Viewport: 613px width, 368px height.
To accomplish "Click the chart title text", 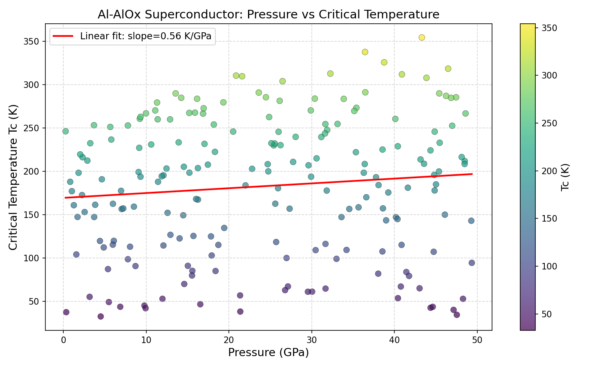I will pyautogui.click(x=268, y=15).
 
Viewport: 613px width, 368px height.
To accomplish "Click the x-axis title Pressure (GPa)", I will pyautogui.click(x=268, y=352).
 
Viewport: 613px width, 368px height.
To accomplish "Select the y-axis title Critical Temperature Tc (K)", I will pyautogui.click(x=13, y=177).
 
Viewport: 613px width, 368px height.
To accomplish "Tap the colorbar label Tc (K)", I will pyautogui.click(x=565, y=177).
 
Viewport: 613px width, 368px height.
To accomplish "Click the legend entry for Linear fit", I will pyautogui.click(x=145, y=36).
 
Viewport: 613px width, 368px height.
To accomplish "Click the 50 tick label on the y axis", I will pyautogui.click(x=36, y=301).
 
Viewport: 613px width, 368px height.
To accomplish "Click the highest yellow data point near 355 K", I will pyautogui.click(x=422, y=37).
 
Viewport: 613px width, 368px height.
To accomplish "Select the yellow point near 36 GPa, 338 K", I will pyautogui.click(x=365, y=52).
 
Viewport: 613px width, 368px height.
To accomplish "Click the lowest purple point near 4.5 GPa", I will pyautogui.click(x=101, y=316).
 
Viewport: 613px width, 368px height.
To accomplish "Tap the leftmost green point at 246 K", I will pyautogui.click(x=65, y=131).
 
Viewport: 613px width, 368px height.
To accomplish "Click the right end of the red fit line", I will pyautogui.click(x=472, y=174).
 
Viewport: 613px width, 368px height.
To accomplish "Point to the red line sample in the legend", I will pyautogui.click(x=63, y=36).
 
